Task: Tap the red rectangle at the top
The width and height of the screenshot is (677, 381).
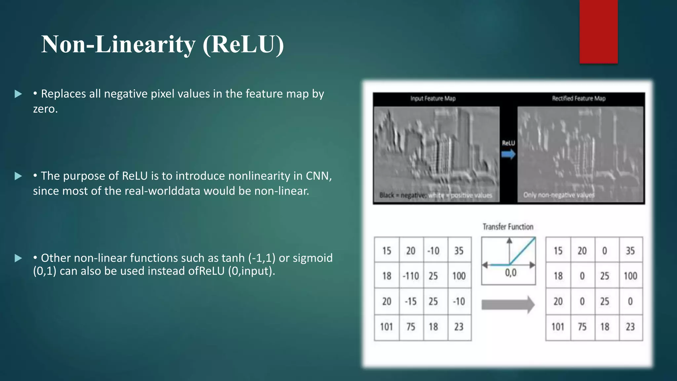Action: [598, 31]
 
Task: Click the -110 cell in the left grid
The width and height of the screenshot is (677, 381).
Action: [411, 276]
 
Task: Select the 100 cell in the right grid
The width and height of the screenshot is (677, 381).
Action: [630, 276]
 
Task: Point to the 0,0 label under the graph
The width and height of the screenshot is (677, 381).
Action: [510, 273]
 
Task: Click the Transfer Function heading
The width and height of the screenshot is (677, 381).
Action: [508, 227]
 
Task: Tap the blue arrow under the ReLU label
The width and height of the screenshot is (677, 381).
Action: [508, 154]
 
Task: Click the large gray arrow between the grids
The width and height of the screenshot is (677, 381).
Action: [508, 304]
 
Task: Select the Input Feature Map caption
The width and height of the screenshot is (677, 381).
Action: [433, 99]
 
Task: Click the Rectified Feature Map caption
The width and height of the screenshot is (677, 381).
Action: [578, 99]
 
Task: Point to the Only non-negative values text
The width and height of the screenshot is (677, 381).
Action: [558, 195]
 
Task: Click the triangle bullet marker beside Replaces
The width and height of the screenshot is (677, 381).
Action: [18, 94]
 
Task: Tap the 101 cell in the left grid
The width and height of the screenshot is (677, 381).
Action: [386, 327]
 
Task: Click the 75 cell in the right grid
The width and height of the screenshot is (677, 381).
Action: [582, 327]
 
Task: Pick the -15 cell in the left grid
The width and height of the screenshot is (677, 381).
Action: [411, 302]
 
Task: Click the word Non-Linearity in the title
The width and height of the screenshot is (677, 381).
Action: [118, 45]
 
